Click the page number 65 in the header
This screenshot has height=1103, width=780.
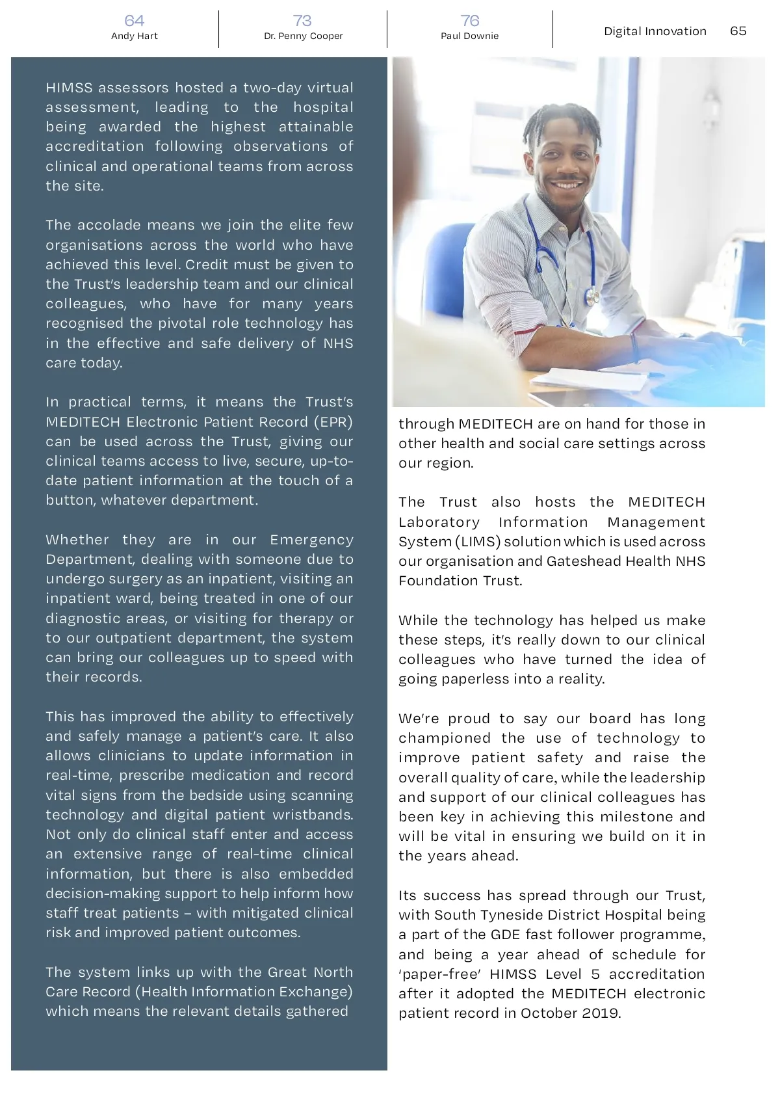point(738,31)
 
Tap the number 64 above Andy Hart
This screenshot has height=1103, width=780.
point(135,21)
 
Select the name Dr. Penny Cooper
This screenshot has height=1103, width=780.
point(303,36)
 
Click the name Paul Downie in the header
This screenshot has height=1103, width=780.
point(469,36)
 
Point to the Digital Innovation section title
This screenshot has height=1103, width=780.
point(655,31)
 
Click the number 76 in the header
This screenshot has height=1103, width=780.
point(469,21)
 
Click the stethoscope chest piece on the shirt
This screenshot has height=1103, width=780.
point(591,298)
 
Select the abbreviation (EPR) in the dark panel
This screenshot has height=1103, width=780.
point(333,422)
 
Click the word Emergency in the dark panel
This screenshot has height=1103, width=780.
point(311,540)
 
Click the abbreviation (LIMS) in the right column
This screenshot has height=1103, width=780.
point(478,542)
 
